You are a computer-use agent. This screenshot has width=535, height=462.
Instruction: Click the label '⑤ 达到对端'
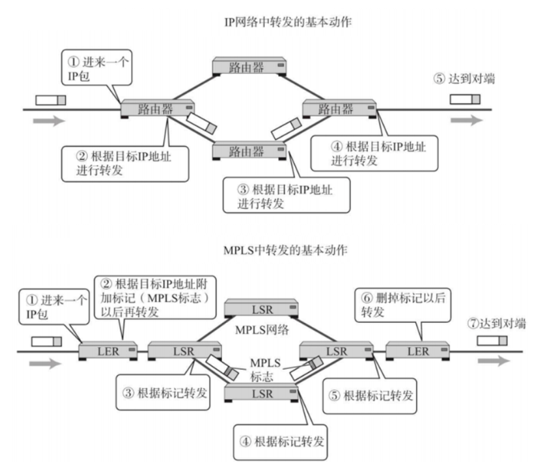point(464,78)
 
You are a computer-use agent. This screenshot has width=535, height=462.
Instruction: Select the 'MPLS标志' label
point(260,368)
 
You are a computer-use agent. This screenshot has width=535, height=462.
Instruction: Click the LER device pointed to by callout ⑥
point(417,351)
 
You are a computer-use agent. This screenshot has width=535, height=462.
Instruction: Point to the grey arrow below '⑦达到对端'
point(494,361)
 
